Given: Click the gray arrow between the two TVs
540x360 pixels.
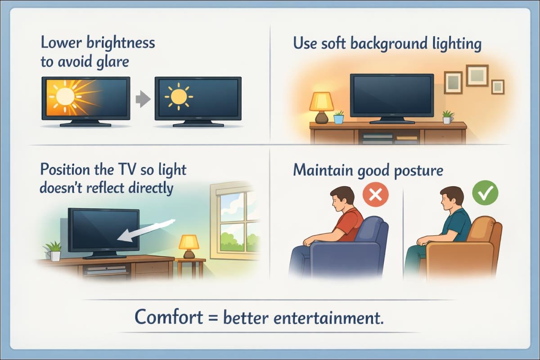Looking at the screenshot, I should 142,99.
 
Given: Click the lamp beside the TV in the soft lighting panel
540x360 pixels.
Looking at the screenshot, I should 321,107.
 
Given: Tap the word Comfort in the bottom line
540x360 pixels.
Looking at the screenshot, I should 169,318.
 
